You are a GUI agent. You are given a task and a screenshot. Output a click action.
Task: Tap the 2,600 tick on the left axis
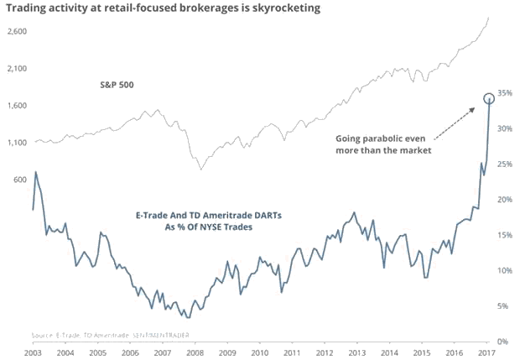[x=16, y=31]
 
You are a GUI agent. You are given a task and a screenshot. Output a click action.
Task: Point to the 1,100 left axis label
[x=16, y=142]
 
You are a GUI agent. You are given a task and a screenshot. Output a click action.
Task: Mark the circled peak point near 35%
[x=489, y=99]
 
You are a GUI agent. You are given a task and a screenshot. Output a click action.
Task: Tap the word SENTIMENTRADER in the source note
[x=162, y=334]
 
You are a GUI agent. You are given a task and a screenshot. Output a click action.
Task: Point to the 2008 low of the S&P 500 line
[x=200, y=170]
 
